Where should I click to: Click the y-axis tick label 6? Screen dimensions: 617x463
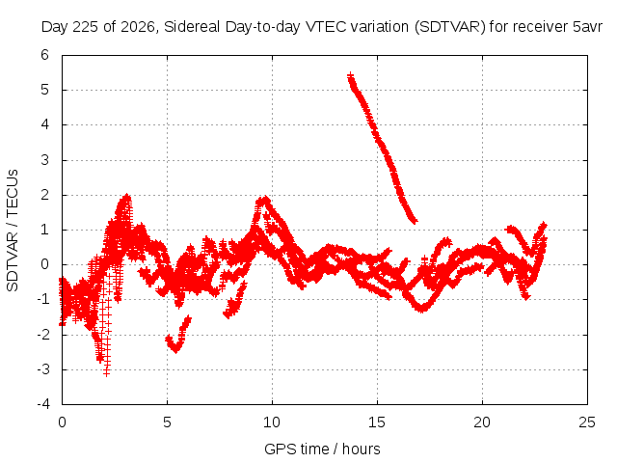click(44, 55)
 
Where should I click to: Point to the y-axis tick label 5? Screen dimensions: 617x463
click(44, 90)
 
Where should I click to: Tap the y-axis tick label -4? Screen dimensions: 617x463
click(43, 404)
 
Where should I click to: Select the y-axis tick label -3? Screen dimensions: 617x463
click(43, 369)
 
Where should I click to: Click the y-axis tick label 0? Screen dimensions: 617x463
click(44, 264)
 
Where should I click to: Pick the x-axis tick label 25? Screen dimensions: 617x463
click(587, 422)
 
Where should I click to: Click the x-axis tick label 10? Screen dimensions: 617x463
click(272, 422)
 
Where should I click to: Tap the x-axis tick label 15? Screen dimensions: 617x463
click(377, 422)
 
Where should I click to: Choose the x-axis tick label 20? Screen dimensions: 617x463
click(482, 422)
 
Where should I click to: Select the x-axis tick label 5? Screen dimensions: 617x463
click(167, 422)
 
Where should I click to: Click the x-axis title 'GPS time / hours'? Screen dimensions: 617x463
click(322, 449)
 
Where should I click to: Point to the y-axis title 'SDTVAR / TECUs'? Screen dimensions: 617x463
click(13, 231)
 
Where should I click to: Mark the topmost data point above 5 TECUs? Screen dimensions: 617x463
click(350, 75)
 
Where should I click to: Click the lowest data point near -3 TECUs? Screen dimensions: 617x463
click(106, 372)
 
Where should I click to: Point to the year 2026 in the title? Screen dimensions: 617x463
click(138, 27)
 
